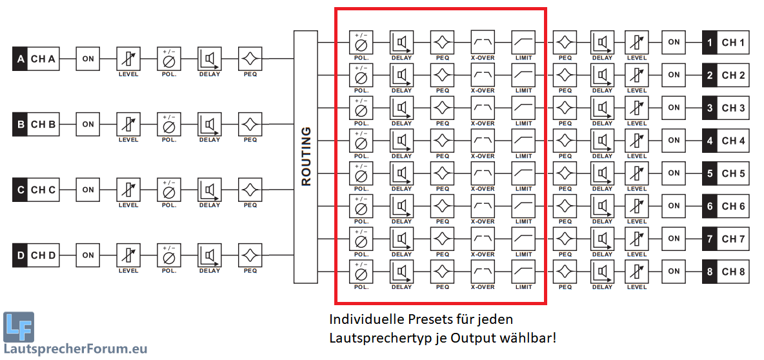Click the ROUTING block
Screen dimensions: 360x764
(306, 157)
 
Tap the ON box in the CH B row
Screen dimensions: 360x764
(88, 124)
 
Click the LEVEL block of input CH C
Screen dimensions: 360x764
(128, 190)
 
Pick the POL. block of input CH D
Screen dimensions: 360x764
(169, 255)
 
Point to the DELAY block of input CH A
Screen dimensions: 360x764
(210, 59)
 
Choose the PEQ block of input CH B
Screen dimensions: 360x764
(250, 124)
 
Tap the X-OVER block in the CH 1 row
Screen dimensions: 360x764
(483, 42)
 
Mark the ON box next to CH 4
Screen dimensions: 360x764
(674, 140)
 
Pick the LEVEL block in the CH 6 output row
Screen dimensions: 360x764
(636, 206)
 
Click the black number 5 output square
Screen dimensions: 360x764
(710, 174)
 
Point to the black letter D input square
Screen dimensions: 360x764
(20, 255)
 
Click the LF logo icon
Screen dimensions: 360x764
(19, 328)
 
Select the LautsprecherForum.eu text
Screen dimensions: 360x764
(76, 350)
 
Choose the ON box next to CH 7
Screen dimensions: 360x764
(674, 239)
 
